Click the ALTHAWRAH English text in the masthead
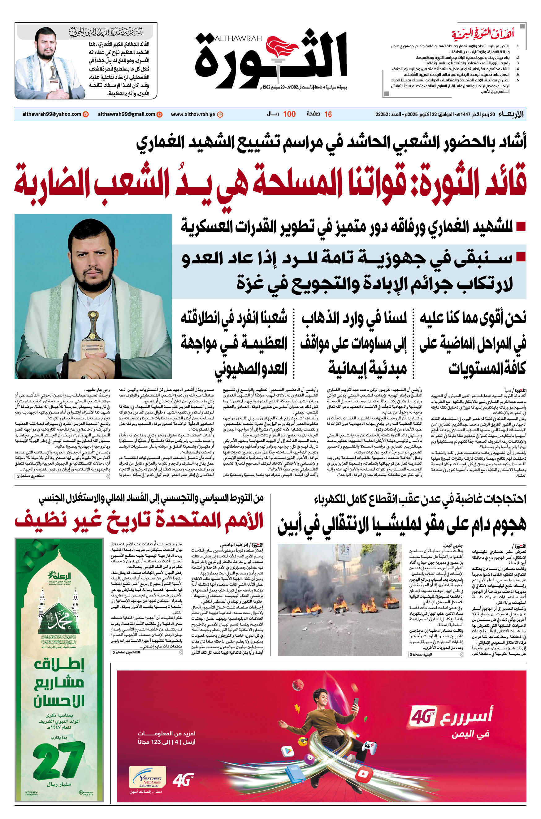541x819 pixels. pos(238,39)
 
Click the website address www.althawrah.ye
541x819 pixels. pos(193,114)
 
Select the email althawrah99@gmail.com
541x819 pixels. pos(126,114)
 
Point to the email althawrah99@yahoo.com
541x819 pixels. pos(52,114)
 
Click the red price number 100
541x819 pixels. pos(289,114)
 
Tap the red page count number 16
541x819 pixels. pos(328,114)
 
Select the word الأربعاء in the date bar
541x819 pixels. pos(511,114)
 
